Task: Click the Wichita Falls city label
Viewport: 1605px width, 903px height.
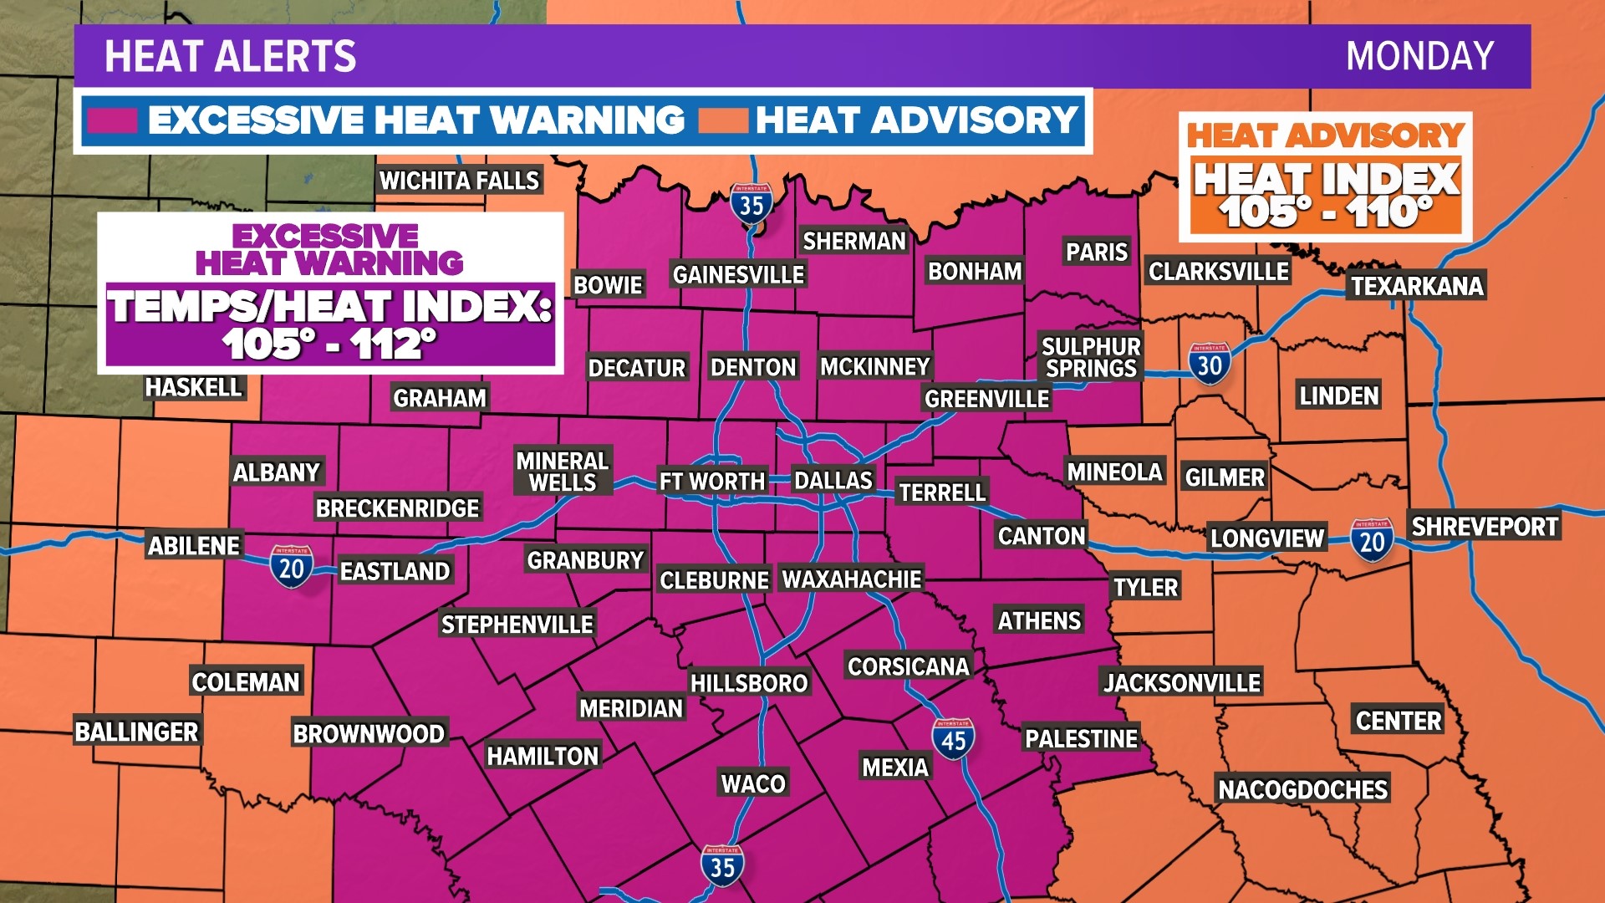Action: (x=459, y=181)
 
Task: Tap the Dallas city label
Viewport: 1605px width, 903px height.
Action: (x=833, y=480)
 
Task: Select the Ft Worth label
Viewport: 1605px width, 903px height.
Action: (x=712, y=482)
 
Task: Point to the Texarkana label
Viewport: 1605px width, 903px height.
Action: (x=1417, y=286)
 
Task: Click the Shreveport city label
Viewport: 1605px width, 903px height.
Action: (x=1485, y=527)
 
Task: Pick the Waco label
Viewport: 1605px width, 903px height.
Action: (x=753, y=783)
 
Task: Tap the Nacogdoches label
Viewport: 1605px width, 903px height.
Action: (x=1302, y=789)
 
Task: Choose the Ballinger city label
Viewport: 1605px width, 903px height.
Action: (x=137, y=732)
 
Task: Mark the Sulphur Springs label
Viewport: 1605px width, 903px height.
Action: (x=1091, y=357)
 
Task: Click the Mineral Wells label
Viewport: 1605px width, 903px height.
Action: (x=563, y=472)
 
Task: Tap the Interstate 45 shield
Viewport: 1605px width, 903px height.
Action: (x=953, y=738)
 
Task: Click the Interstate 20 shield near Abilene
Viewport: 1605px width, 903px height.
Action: (x=291, y=567)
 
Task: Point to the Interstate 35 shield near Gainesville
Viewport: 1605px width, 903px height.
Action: (x=751, y=203)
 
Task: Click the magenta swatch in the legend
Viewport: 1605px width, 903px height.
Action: (x=112, y=120)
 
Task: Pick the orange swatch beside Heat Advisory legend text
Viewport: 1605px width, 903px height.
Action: (x=722, y=120)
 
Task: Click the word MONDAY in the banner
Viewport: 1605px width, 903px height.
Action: (x=1419, y=57)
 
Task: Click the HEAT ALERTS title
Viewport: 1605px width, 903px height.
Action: (x=230, y=57)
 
